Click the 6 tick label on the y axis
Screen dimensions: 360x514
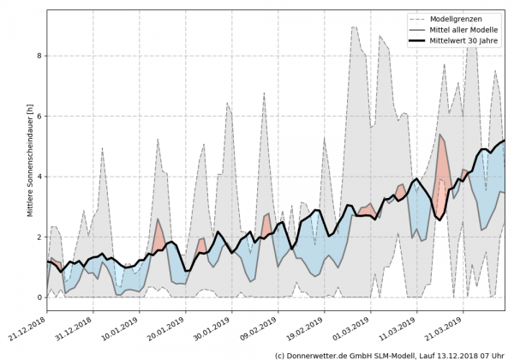point(39,116)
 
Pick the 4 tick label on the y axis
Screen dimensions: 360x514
point(39,177)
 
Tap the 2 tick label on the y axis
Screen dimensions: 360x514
point(39,237)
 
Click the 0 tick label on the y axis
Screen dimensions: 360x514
point(39,297)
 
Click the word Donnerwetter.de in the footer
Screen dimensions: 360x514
point(326,354)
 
